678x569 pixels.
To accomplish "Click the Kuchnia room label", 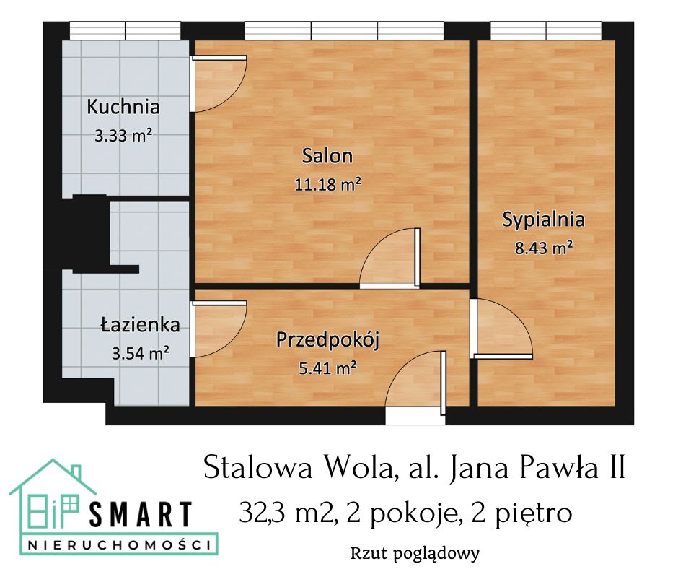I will click(123, 108).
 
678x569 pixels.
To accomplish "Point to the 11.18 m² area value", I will click(327, 184).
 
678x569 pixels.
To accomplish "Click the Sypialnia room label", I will click(543, 220).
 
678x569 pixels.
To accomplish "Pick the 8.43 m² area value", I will click(543, 248).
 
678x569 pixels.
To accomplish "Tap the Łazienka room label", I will click(140, 325).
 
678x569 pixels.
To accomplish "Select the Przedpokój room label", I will click(328, 339).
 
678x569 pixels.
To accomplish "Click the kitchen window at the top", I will click(126, 30).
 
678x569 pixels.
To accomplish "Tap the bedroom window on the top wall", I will click(546, 30).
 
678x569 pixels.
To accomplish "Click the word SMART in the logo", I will click(141, 514).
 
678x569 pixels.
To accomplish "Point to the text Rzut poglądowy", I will click(415, 554).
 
